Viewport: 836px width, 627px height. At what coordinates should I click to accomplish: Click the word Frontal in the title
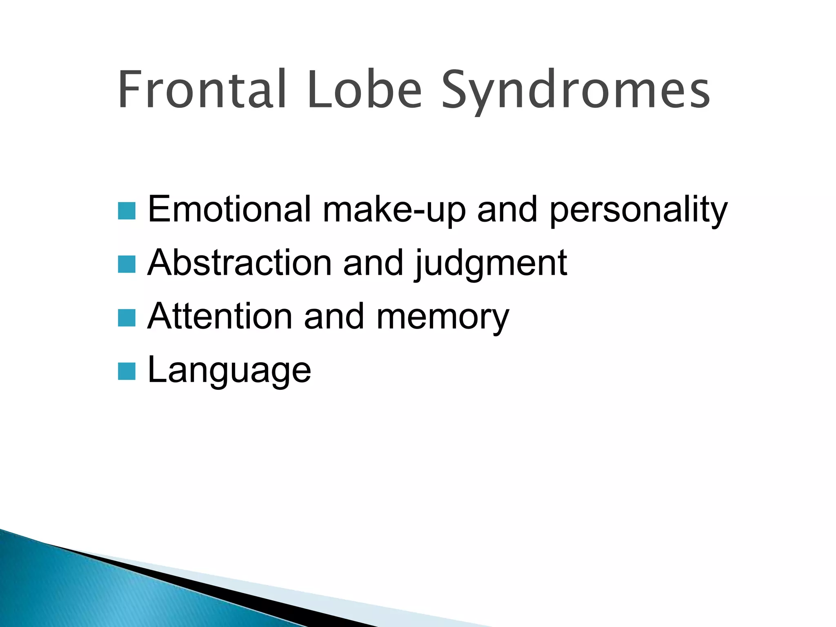point(202,90)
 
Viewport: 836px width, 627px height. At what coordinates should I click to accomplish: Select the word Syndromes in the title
point(576,92)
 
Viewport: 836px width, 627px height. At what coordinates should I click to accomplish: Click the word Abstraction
point(239,263)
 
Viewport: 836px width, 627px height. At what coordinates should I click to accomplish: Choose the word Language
point(229,371)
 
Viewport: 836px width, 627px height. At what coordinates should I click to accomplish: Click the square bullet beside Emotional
point(127,211)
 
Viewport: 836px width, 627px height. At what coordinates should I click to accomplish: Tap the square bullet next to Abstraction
point(127,264)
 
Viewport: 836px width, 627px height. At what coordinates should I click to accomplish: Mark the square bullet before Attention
point(127,318)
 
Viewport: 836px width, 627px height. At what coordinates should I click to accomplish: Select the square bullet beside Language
point(127,371)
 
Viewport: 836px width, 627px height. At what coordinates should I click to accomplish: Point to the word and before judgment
point(373,263)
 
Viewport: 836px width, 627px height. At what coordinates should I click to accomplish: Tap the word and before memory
point(334,317)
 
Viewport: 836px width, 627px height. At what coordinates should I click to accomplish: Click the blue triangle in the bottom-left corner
point(82,592)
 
